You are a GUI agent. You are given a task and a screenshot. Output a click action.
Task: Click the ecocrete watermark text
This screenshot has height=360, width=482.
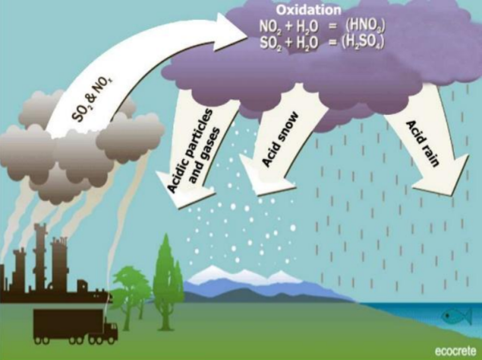[451, 350]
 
